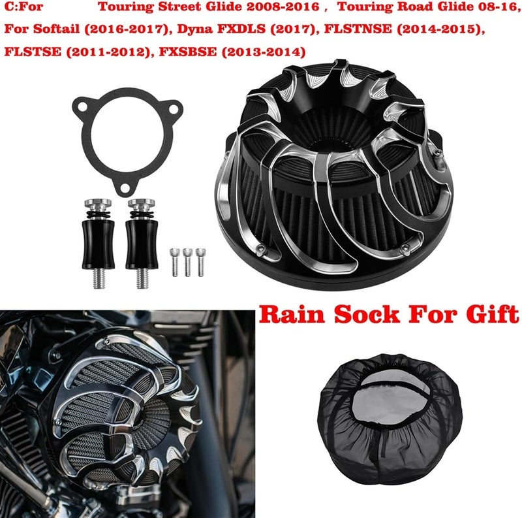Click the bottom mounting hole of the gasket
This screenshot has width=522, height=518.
pos(121,187)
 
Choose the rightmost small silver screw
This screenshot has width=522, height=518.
pos(200,262)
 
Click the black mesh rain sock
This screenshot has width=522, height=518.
pos(385,418)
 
